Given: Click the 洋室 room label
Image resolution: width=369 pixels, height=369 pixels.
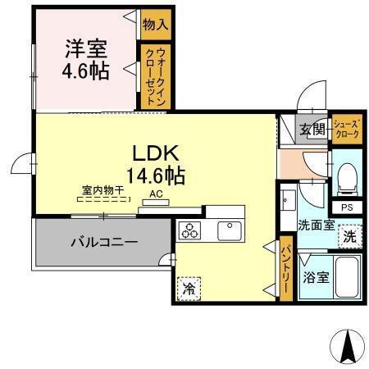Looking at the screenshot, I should [85, 48].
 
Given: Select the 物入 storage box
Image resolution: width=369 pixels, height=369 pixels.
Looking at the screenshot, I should [155, 24].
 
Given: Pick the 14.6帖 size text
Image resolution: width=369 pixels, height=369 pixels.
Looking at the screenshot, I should [155, 175].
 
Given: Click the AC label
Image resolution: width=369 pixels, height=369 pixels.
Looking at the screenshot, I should [156, 195].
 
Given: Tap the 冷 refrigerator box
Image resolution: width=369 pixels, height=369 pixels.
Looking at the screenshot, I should [189, 288].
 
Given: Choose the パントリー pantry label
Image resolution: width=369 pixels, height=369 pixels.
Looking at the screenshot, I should [286, 262].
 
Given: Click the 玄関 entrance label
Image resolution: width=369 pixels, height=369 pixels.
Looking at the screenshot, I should [312, 129].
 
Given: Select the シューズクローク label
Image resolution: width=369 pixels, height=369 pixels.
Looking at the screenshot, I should [345, 130].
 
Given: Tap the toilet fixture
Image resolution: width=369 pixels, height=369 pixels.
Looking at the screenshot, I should [346, 175].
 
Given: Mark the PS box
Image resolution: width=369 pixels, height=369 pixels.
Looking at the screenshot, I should [347, 207].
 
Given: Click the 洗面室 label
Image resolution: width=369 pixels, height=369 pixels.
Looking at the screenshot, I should [316, 224].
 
